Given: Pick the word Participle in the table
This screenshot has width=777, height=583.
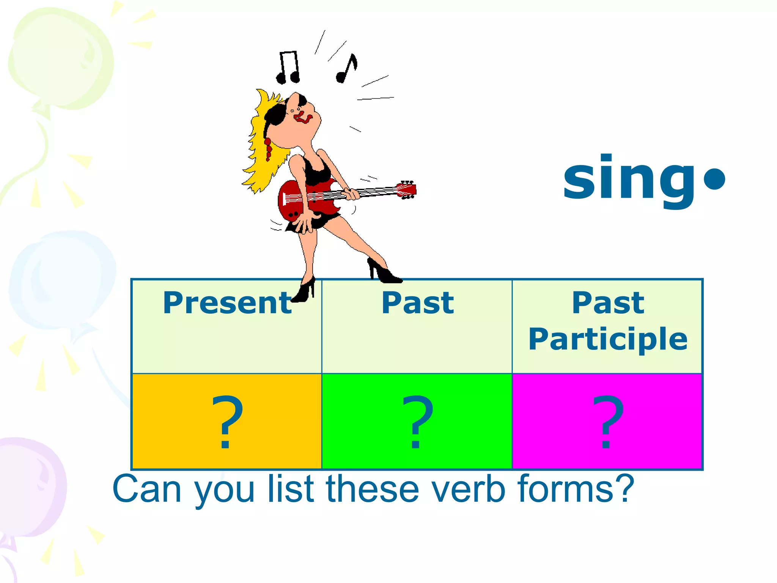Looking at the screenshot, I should (x=608, y=339).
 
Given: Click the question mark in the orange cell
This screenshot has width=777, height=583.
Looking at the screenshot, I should (x=227, y=421).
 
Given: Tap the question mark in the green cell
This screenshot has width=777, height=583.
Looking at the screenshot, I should (x=417, y=421).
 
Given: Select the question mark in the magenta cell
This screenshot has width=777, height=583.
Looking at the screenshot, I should (x=608, y=421).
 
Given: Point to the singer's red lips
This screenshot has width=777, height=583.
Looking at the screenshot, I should (x=304, y=118).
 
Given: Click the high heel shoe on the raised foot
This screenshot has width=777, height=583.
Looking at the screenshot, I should (x=383, y=271).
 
